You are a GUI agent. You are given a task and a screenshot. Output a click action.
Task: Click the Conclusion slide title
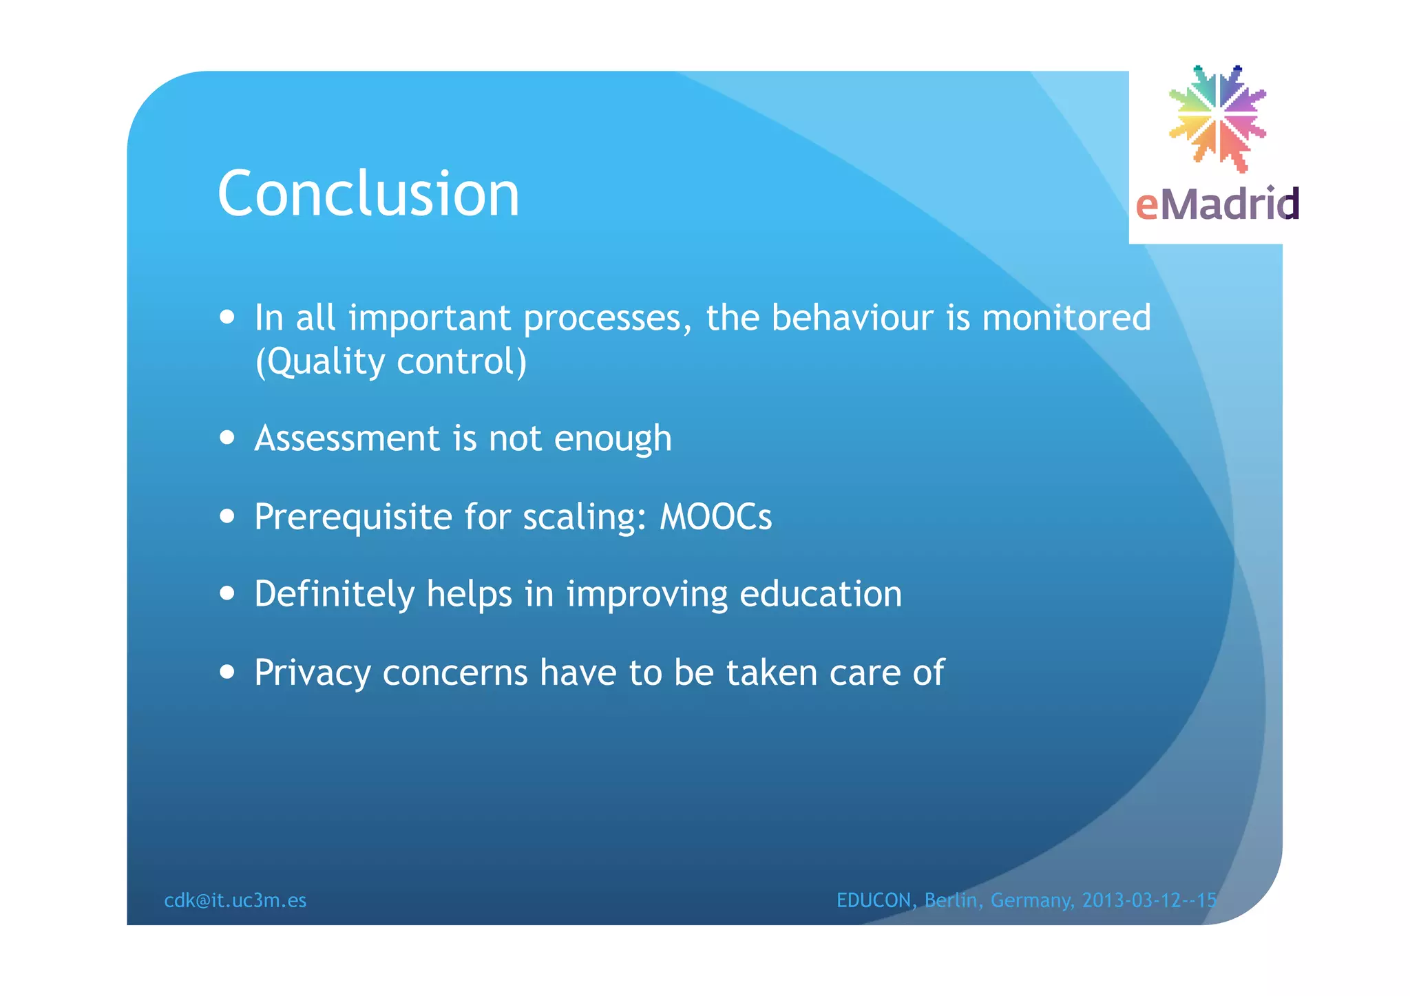click(x=368, y=195)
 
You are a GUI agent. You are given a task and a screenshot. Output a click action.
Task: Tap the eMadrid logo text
click(x=1217, y=204)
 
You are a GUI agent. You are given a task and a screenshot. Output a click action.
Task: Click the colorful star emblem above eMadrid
click(x=1217, y=118)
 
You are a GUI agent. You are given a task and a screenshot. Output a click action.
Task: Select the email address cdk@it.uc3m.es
click(x=235, y=900)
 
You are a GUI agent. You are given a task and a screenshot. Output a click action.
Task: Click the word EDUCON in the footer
click(x=874, y=900)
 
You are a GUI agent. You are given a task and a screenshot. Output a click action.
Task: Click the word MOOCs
click(x=715, y=516)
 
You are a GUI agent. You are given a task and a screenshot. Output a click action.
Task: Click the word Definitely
click(x=335, y=594)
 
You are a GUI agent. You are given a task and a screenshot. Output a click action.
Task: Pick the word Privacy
click(x=312, y=673)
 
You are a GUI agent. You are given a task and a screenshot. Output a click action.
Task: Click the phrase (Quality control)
click(x=390, y=362)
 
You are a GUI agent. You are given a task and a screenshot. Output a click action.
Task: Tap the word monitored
click(x=1066, y=318)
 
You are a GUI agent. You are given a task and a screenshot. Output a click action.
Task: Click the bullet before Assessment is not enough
click(x=227, y=438)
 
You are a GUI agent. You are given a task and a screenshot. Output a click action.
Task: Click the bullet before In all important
click(x=227, y=317)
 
